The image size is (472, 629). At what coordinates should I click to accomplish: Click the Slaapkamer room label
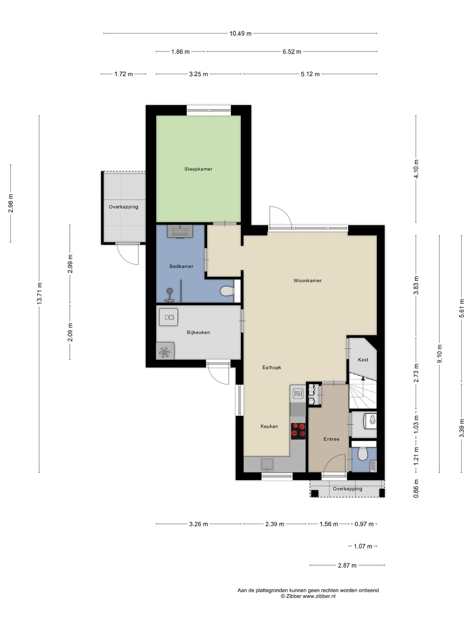198,169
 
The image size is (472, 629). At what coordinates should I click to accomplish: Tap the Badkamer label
181,266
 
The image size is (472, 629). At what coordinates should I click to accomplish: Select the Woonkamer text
307,280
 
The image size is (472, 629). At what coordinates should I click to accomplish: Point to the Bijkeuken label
198,332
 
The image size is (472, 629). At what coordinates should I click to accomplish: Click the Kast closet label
363,360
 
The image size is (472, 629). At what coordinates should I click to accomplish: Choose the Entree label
331,439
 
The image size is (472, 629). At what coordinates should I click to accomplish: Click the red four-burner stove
298,431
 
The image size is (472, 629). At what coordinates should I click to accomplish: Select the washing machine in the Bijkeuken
168,317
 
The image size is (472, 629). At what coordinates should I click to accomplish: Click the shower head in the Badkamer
169,291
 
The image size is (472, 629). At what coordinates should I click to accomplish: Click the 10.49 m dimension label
241,33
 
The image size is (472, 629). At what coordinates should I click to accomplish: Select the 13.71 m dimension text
39,294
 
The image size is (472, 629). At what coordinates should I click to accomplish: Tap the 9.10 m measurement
440,353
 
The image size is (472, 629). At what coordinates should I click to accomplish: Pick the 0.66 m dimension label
416,488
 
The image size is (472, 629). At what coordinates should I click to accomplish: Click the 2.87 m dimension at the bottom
347,565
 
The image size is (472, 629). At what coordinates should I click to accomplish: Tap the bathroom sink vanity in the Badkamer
180,231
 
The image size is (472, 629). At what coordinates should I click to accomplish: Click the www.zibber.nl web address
319,596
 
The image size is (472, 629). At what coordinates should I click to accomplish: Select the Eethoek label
272,368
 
